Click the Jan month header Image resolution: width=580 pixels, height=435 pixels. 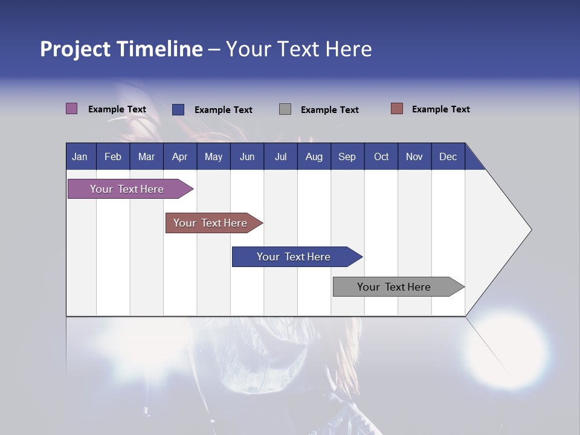80,156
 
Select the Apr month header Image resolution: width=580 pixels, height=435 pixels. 179,156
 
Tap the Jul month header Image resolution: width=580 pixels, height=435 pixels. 280,156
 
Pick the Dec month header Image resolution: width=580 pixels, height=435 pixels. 448,156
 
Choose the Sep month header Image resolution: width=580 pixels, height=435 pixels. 347,156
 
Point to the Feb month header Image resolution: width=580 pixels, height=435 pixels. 113,156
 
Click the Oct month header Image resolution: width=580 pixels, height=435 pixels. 381,156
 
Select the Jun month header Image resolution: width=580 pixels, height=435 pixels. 247,156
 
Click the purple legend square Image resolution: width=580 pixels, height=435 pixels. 71,109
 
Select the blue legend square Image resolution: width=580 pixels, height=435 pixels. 178,109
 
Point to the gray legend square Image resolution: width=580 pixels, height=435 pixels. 285,109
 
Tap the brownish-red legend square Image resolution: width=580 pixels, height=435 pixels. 396,109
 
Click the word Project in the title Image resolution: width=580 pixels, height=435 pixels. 75,49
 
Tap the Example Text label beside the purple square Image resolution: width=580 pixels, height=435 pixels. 117,109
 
